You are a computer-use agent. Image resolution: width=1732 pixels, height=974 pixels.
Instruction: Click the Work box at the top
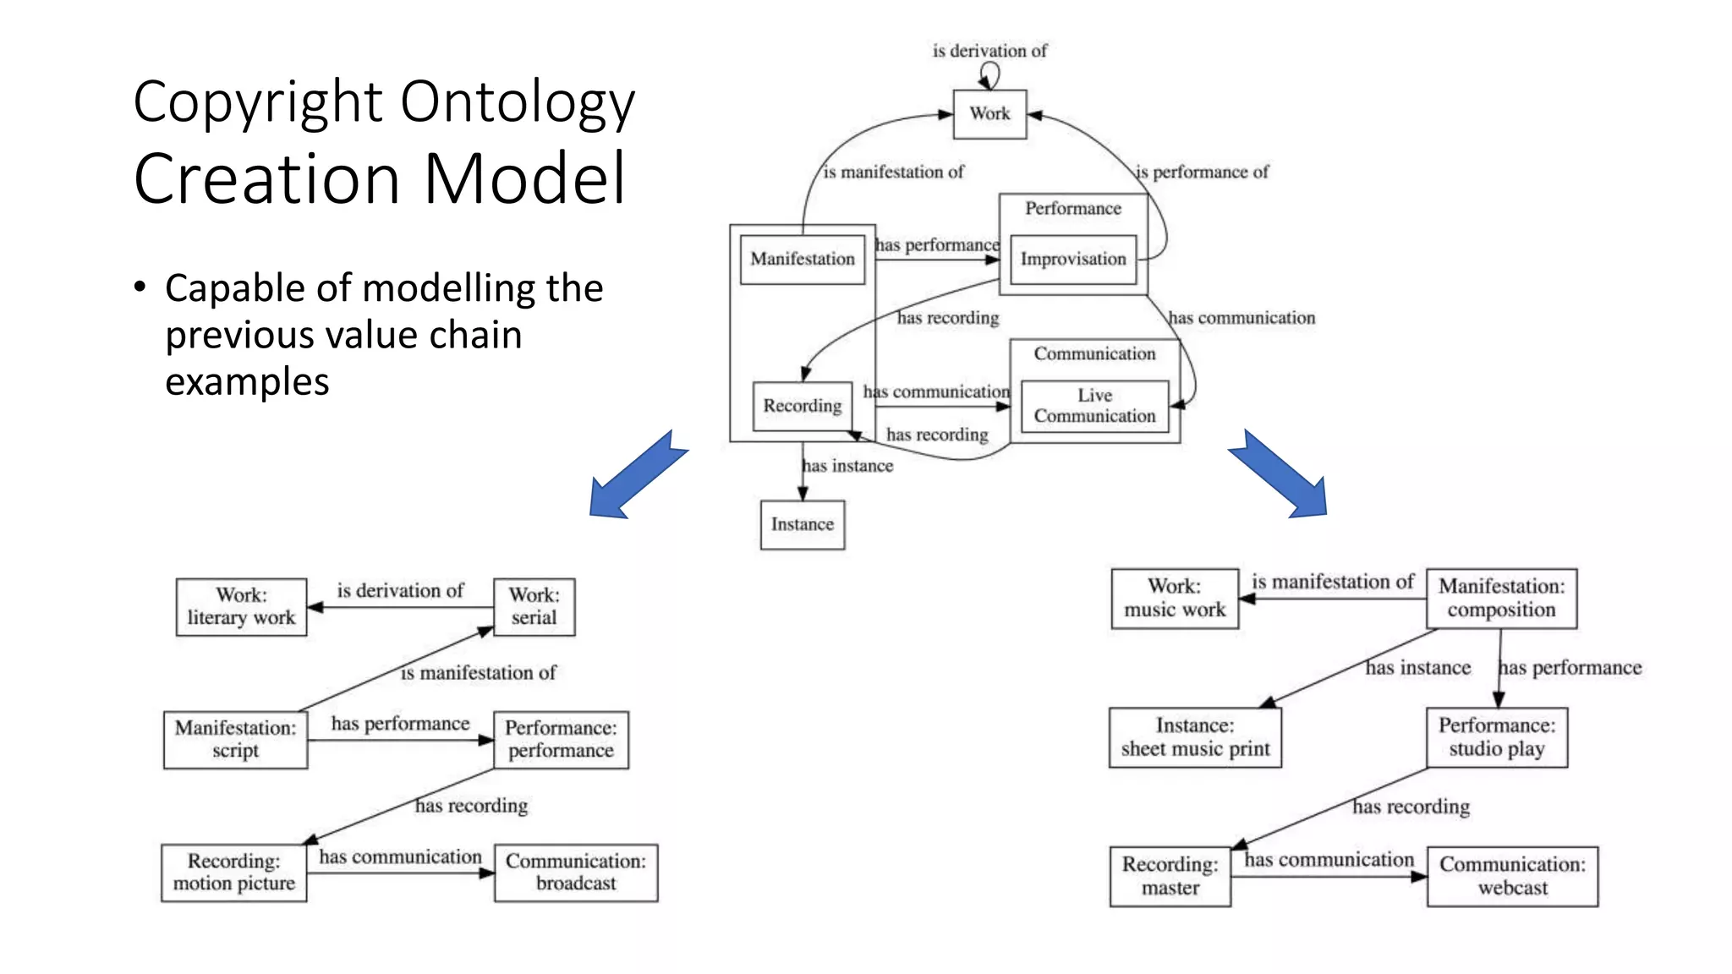[989, 114]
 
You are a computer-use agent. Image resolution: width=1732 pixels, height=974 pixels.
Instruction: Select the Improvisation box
[1072, 259]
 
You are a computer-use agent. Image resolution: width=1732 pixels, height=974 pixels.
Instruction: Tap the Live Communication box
[1094, 406]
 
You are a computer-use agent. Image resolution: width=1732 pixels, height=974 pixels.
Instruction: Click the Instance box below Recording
[802, 524]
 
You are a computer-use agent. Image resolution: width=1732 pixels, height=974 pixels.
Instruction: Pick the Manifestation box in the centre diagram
[802, 259]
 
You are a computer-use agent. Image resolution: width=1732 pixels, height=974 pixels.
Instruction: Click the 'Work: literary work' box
[241, 606]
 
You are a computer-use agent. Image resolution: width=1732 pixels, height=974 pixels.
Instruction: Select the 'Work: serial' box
[534, 606]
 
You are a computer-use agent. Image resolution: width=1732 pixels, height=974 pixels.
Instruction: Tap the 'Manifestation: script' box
[235, 739]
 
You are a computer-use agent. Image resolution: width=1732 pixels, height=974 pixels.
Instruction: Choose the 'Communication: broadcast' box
[576, 872]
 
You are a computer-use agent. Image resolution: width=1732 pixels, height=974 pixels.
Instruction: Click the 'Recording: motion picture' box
[233, 872]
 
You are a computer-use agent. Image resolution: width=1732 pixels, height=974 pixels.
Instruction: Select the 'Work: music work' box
[1174, 598]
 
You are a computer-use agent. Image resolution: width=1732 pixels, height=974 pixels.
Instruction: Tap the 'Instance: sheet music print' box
[1194, 737]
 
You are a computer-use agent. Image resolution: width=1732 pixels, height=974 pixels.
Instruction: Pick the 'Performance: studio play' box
[1496, 737]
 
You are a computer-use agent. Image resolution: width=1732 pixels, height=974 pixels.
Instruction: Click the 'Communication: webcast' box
[1512, 876]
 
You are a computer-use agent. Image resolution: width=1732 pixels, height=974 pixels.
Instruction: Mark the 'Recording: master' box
[1170, 876]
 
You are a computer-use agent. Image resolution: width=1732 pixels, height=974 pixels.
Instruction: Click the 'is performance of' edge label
[1202, 172]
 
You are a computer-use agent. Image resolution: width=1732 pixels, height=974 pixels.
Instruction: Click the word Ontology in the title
[517, 102]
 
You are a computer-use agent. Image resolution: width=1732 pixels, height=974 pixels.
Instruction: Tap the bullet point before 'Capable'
[140, 287]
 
